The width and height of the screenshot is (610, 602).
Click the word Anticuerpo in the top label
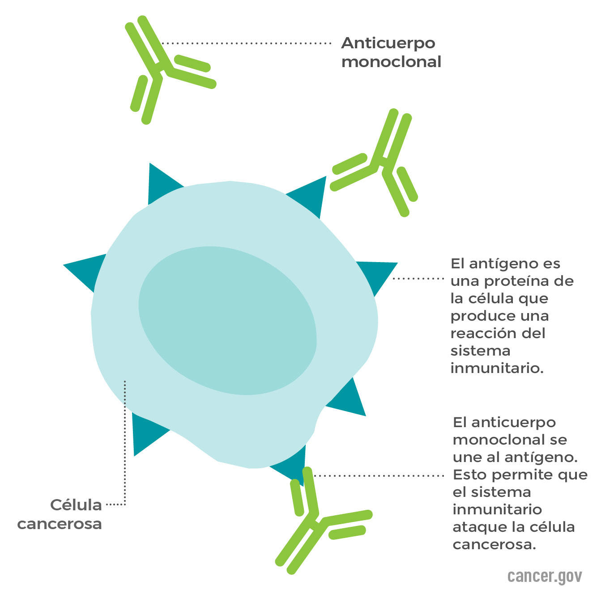click(388, 44)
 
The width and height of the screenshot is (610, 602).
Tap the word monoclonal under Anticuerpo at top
click(391, 62)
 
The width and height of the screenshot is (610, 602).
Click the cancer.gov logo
click(545, 577)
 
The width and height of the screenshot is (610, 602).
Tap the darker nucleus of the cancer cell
click(228, 320)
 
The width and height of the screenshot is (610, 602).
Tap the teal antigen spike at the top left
click(163, 183)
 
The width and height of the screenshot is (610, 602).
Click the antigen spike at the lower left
click(148, 434)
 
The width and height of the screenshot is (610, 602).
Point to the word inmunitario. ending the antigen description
click(497, 368)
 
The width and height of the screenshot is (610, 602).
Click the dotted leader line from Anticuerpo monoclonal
click(246, 43)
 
